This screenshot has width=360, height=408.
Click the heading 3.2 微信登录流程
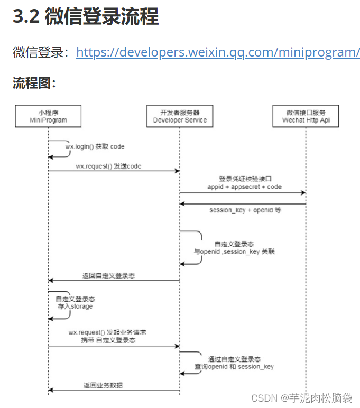[x=85, y=17]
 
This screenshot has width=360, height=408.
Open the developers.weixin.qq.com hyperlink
[x=218, y=52]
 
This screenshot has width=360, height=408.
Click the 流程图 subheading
[x=34, y=83]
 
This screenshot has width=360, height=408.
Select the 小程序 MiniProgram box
[x=48, y=116]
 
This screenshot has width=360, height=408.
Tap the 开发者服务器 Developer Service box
[x=180, y=116]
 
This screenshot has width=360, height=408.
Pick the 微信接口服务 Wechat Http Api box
[x=306, y=116]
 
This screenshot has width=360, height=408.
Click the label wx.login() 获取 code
[x=95, y=146]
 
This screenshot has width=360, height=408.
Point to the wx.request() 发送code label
[x=108, y=165]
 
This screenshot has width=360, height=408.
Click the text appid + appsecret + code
[x=244, y=187]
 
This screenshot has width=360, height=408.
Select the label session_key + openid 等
[x=245, y=210]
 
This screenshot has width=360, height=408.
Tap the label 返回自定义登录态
[x=108, y=275]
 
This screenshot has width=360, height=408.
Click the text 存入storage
[x=75, y=307]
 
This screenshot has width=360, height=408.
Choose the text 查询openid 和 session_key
[x=234, y=366]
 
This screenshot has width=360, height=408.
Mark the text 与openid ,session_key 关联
[x=234, y=252]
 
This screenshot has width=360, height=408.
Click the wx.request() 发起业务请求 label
[x=107, y=332]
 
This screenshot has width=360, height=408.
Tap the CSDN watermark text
[x=301, y=397]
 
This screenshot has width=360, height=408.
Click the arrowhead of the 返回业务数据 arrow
[x=50, y=390]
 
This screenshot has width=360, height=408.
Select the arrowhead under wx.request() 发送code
[x=177, y=171]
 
